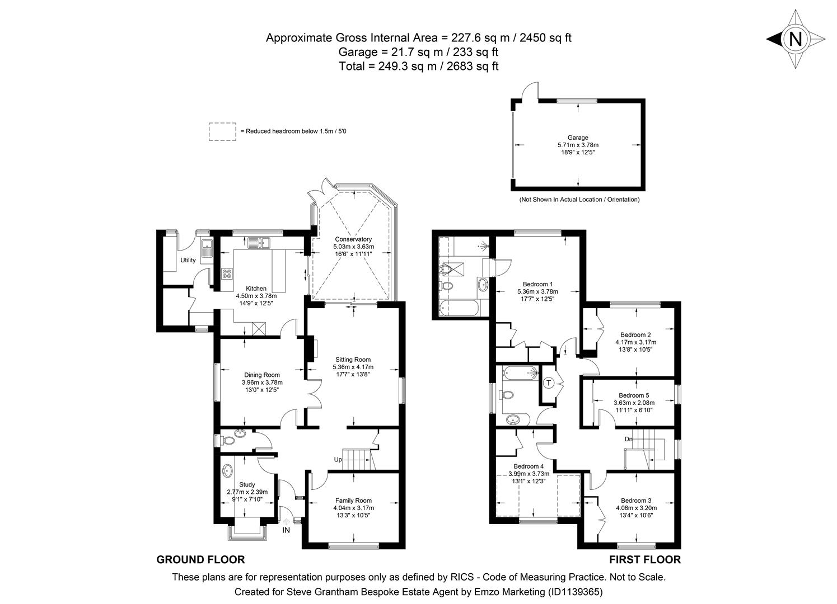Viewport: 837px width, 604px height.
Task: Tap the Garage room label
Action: click(x=578, y=138)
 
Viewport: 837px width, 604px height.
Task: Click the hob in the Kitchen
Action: click(x=228, y=273)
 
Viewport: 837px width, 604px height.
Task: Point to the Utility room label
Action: click(x=188, y=260)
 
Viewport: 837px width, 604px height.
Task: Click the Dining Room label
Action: click(x=261, y=375)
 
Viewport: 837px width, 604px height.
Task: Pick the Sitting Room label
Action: click(x=353, y=360)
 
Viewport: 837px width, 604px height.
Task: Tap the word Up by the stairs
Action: click(x=338, y=460)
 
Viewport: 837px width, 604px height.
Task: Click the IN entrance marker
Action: click(x=286, y=530)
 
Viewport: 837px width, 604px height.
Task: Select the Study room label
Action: click(x=247, y=485)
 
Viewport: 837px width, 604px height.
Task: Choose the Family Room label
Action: click(x=353, y=501)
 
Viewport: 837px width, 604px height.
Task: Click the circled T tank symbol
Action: click(x=549, y=383)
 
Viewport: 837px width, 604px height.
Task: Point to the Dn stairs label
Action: click(x=629, y=439)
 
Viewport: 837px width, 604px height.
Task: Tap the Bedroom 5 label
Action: click(x=634, y=395)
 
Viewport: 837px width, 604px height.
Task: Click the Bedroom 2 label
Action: click(x=635, y=335)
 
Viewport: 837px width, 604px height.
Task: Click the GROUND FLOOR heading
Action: click(x=200, y=560)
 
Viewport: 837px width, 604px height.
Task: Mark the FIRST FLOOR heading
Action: click(x=645, y=560)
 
